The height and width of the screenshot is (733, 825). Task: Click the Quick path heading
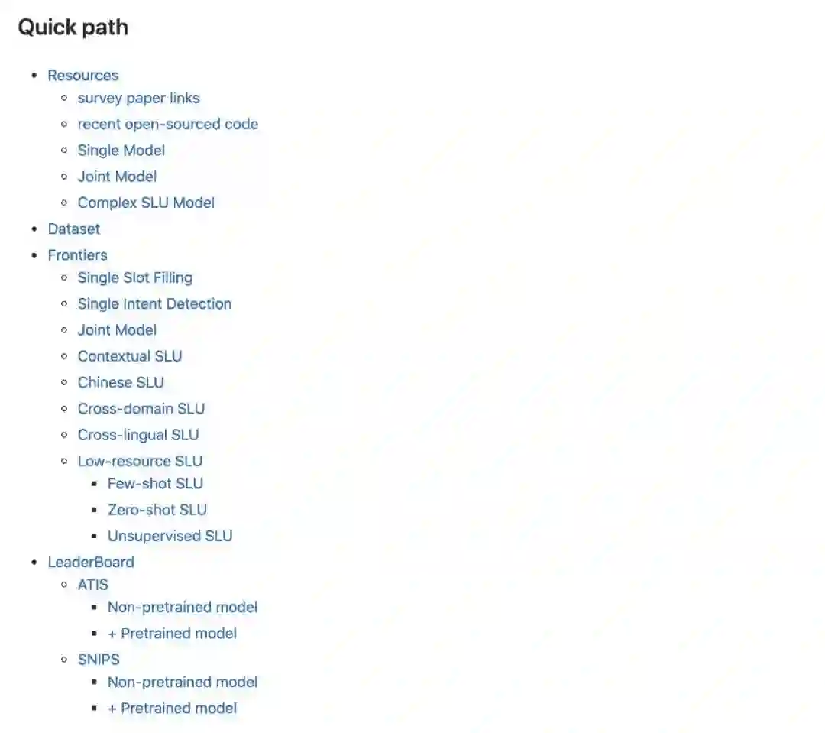(73, 28)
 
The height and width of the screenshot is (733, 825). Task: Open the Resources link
(82, 76)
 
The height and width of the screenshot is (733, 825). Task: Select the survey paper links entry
(138, 98)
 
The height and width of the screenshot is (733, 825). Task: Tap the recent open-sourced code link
(167, 124)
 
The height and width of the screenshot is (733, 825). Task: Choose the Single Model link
(121, 151)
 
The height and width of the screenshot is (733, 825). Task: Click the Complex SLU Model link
(146, 203)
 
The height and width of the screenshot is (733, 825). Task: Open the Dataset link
(73, 229)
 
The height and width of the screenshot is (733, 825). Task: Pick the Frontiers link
(77, 255)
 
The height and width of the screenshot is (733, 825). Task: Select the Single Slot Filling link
(134, 277)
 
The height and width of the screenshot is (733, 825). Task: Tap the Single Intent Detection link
(154, 303)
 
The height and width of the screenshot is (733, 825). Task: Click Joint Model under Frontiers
(117, 330)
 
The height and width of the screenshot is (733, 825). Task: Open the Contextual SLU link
(130, 356)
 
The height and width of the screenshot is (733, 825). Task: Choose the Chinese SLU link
(121, 382)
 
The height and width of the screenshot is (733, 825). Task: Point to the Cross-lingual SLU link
(137, 435)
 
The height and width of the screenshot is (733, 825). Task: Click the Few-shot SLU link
(155, 483)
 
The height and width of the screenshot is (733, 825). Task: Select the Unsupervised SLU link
(170, 536)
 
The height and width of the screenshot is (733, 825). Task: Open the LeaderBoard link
(90, 562)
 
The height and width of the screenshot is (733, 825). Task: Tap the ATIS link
(92, 585)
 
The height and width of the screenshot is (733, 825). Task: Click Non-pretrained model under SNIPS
(182, 682)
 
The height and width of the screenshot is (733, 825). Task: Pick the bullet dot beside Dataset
(34, 229)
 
